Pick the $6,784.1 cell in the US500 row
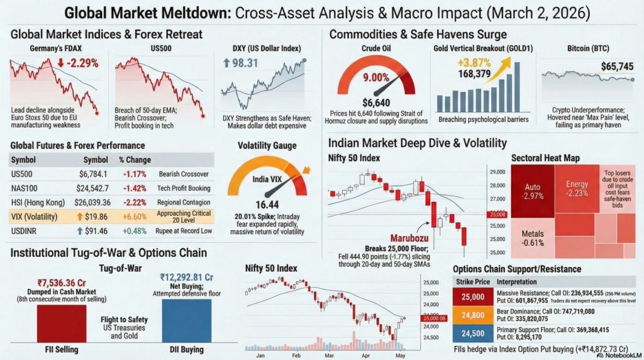[93, 174]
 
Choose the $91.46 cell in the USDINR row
[93, 231]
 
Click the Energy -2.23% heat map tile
[577, 188]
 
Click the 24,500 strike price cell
[472, 334]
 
